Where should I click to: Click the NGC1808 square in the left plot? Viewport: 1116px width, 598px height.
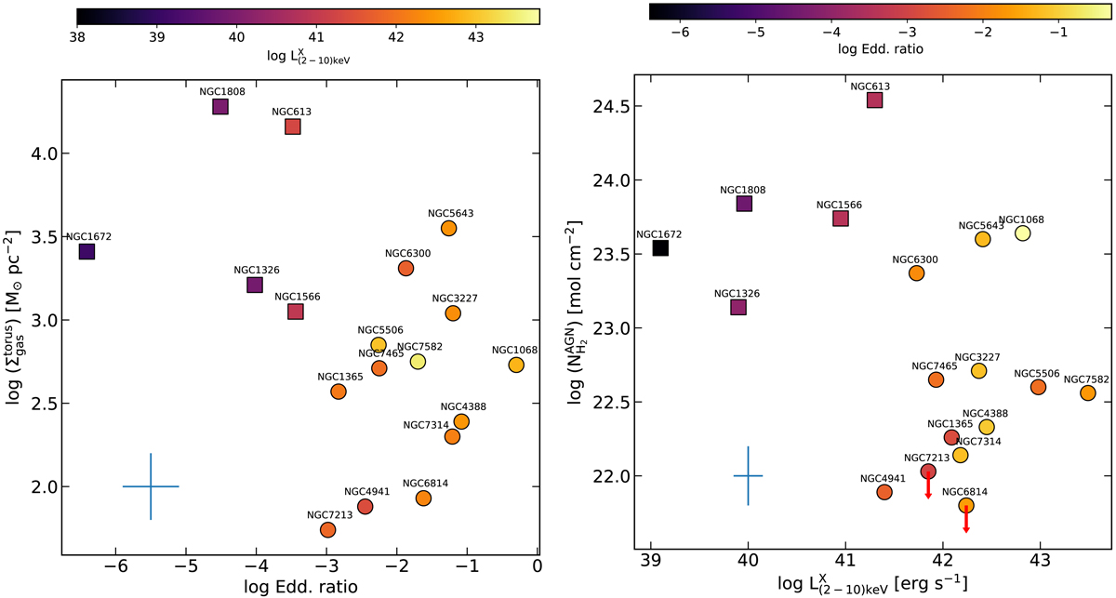220,106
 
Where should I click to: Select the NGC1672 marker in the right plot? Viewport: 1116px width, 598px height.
660,247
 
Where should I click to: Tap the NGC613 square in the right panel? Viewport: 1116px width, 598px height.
874,100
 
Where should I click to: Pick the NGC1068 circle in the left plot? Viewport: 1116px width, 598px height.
516,365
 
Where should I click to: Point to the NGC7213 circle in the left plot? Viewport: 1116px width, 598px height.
327,529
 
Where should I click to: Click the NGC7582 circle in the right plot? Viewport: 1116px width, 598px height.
1087,392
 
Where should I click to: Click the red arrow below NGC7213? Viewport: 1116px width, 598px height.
928,486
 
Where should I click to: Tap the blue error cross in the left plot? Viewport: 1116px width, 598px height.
151,486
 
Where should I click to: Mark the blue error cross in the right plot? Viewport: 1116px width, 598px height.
748,475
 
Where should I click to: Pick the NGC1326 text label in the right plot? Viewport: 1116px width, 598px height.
737,293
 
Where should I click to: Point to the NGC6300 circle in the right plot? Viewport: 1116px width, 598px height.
916,272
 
